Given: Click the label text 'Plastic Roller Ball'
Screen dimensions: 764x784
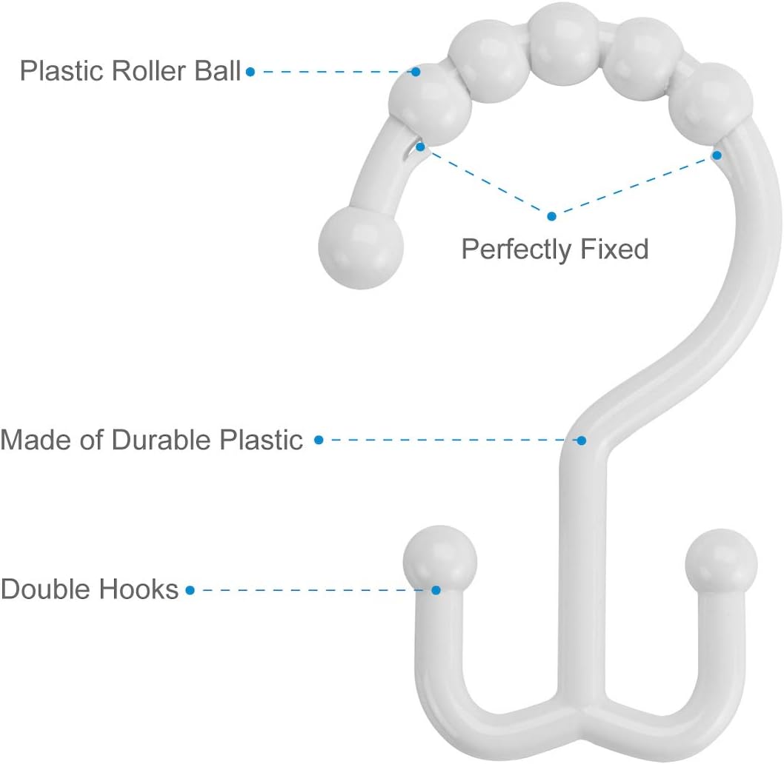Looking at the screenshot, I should click(130, 71).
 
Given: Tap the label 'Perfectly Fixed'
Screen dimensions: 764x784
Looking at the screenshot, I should click(554, 249).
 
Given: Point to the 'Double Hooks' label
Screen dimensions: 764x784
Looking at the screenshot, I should click(90, 589).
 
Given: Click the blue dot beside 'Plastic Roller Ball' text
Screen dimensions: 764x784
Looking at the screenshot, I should click(250, 72).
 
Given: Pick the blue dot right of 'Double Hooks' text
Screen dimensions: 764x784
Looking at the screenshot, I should click(190, 590).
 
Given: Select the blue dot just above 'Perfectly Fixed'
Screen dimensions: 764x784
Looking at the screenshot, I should click(551, 216).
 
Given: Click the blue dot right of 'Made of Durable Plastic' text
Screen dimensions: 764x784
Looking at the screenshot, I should click(319, 440).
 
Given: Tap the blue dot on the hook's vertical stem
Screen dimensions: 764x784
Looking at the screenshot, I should click(582, 440).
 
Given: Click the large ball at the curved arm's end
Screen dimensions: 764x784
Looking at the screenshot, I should click(360, 246).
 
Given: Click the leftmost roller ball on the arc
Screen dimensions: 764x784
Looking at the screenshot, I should click(431, 109).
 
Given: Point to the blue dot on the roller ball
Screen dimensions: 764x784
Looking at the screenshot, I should click(416, 72).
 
